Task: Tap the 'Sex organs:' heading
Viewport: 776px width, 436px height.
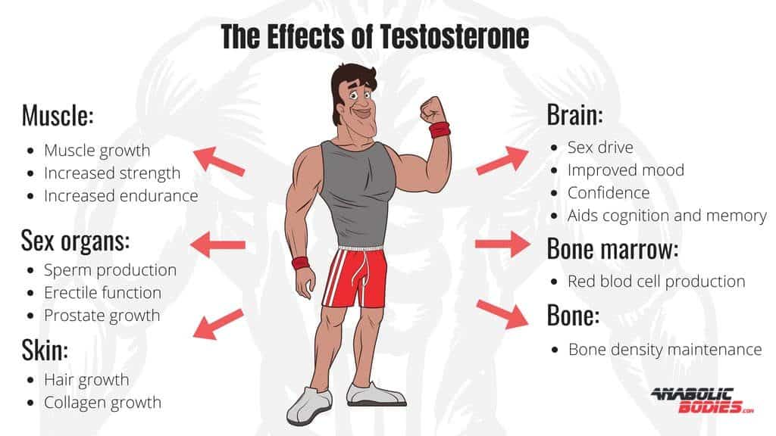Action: [x=76, y=241]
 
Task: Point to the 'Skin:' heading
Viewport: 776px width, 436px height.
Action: [x=45, y=350]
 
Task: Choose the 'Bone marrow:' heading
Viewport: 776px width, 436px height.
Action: [x=612, y=249]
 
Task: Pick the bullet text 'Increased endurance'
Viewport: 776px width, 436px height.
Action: [x=120, y=195]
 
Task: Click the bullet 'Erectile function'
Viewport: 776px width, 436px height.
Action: [x=102, y=292]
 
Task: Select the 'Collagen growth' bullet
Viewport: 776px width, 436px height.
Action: [x=102, y=402]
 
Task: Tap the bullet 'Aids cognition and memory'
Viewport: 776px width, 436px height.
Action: [x=667, y=215]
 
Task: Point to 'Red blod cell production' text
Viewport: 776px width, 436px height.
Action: [x=656, y=281]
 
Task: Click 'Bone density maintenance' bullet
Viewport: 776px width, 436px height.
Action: [x=665, y=349]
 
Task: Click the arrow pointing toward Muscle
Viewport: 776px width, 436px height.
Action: [x=219, y=161]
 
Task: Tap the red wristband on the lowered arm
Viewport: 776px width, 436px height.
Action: [x=301, y=263]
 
